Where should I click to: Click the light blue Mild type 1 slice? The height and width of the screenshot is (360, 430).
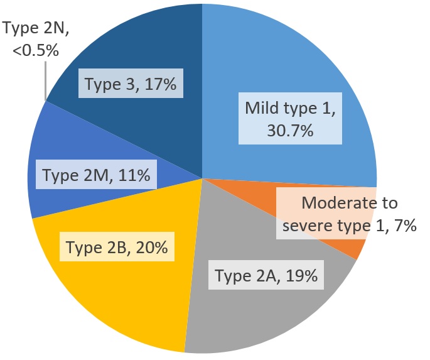282,69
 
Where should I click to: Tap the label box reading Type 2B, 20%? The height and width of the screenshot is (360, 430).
117,248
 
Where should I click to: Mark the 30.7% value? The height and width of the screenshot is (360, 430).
291,132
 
